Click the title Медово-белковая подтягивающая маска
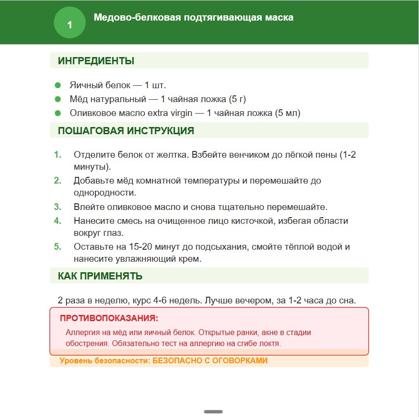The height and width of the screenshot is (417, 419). [x=194, y=18]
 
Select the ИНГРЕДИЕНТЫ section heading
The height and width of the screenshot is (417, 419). [x=96, y=61]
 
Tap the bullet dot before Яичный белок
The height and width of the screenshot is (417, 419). [x=58, y=85]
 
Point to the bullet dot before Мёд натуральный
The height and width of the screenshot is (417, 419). [x=58, y=99]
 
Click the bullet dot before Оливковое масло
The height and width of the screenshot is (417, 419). [x=58, y=113]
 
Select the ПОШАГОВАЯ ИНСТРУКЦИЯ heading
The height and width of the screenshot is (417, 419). [x=126, y=131]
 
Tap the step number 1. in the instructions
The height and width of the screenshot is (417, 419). [x=58, y=155]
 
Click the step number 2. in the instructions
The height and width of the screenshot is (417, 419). [x=58, y=181]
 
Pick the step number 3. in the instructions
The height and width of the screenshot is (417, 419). [x=58, y=207]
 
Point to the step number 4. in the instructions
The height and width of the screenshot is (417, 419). [x=58, y=221]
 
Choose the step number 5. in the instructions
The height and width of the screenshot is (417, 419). [x=58, y=247]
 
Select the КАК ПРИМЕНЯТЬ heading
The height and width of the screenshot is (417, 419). [x=100, y=276]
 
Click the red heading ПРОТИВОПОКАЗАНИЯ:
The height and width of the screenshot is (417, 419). [x=109, y=318]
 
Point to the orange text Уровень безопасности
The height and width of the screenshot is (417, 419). [x=105, y=361]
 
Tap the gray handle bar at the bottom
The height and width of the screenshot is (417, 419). [x=213, y=411]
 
